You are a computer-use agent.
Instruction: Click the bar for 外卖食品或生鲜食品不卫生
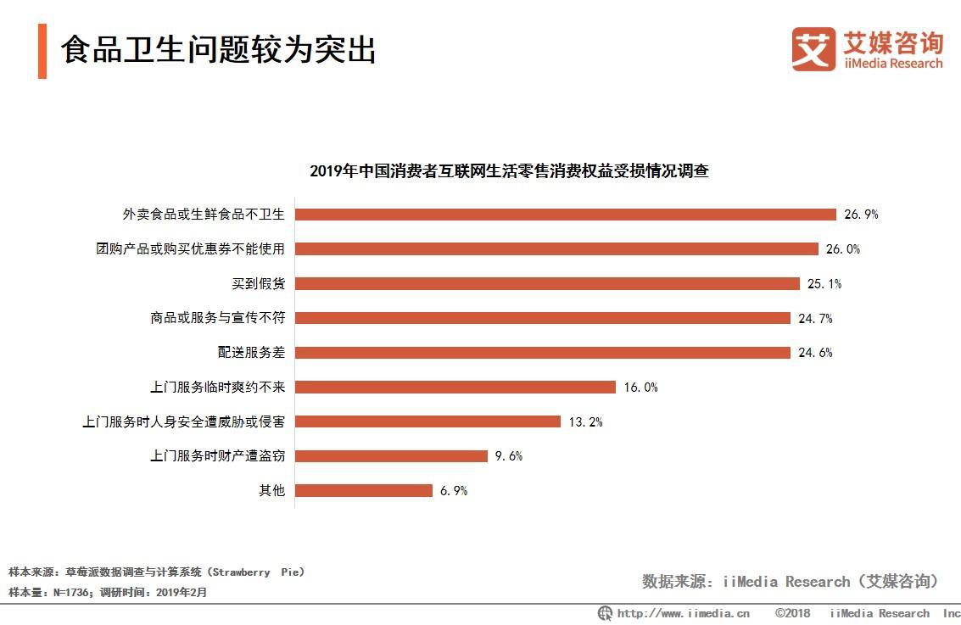coord(566,215)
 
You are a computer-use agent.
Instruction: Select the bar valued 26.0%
coord(556,249)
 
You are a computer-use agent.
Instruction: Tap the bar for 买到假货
coord(547,283)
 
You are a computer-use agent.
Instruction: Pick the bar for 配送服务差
coord(543,353)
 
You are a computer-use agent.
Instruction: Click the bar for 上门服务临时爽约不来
coord(455,388)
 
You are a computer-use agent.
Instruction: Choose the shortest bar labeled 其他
coord(364,490)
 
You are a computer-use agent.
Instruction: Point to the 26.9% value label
coord(861,215)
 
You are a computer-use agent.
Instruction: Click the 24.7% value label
coord(815,319)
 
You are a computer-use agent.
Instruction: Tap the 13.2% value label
coord(585,422)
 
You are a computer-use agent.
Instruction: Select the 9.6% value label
coord(509,456)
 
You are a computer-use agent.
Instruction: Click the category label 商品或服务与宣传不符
coord(217,319)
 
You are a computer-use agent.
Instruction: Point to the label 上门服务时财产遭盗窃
coord(217,456)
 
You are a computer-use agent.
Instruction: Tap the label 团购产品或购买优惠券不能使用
coord(190,249)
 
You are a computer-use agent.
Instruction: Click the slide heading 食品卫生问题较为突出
coord(218,50)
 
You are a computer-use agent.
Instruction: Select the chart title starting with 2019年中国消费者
coord(509,170)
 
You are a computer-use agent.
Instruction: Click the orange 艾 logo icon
coord(813,48)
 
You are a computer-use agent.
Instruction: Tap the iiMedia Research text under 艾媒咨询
coord(892,64)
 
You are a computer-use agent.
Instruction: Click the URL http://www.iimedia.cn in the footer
coord(683,613)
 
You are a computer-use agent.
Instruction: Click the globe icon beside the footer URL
coord(605,613)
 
